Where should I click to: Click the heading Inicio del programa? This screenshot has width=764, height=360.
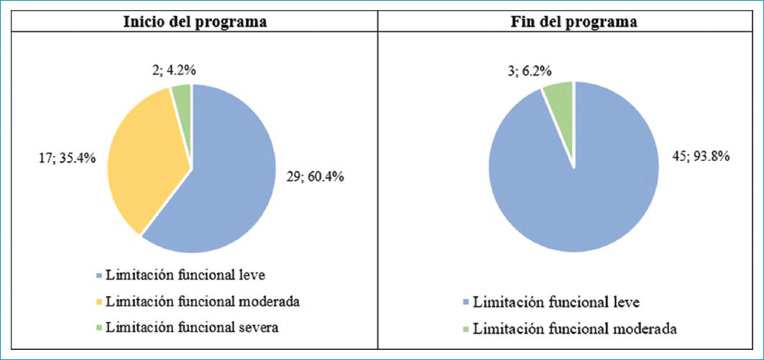[x=195, y=22]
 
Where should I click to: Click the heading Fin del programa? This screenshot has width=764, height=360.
[x=571, y=22]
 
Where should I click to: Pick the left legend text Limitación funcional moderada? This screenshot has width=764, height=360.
[x=202, y=302]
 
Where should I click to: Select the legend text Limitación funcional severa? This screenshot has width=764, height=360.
[x=190, y=328]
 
